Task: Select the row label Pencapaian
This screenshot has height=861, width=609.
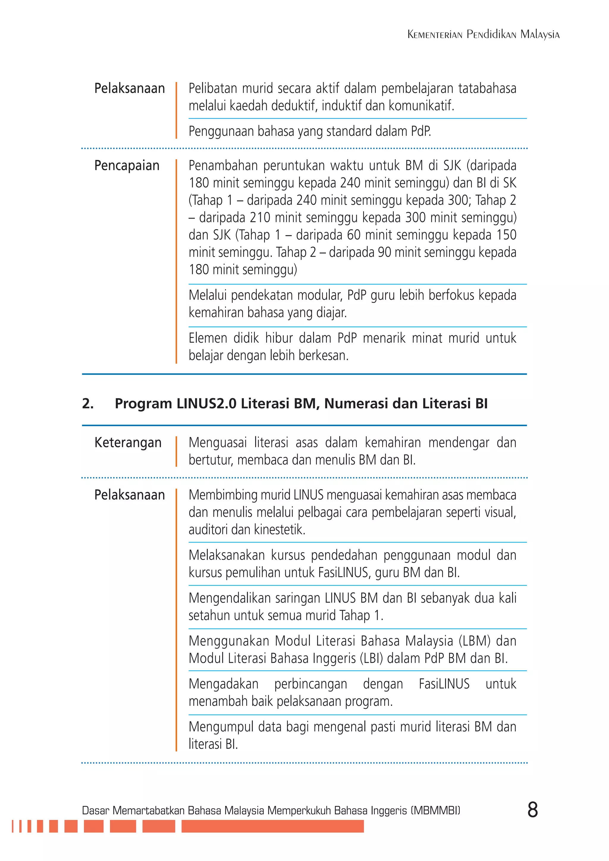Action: pos(127,165)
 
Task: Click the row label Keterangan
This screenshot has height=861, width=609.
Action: pos(128,443)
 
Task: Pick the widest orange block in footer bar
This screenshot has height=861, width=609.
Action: pos(272,826)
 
